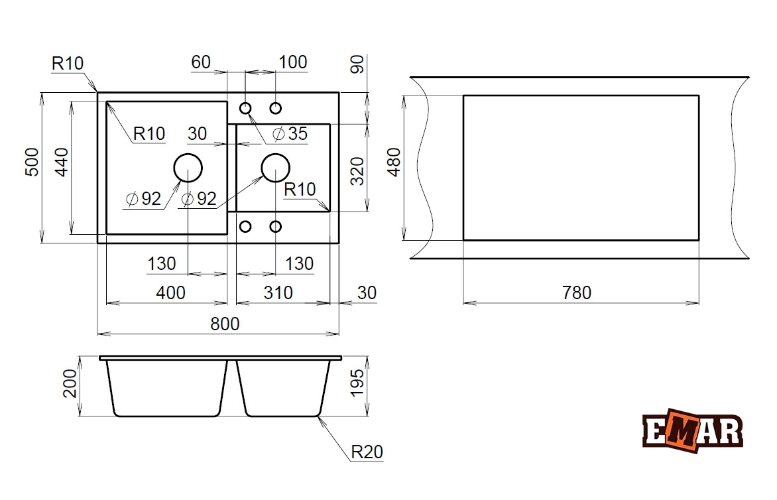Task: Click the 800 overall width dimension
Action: [x=225, y=324]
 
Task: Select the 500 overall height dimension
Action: [x=32, y=162]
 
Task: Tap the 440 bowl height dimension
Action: [x=62, y=162]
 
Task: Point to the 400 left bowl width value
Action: [x=171, y=292]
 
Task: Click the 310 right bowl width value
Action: [x=278, y=292]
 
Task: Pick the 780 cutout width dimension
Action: [x=576, y=292]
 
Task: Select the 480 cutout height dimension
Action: [x=394, y=162]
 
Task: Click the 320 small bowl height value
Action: [x=357, y=172]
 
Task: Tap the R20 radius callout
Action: [x=367, y=452]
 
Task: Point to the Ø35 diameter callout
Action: [x=290, y=134]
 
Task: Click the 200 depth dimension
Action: [x=70, y=383]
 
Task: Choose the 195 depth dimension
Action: [x=357, y=383]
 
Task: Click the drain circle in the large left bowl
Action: [x=188, y=168]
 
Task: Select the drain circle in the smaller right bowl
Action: [x=275, y=168]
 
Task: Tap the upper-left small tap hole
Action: [x=245, y=108]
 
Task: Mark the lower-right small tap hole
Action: [x=275, y=227]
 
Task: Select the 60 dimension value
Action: [x=201, y=62]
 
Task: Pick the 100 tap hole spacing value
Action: [x=293, y=62]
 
